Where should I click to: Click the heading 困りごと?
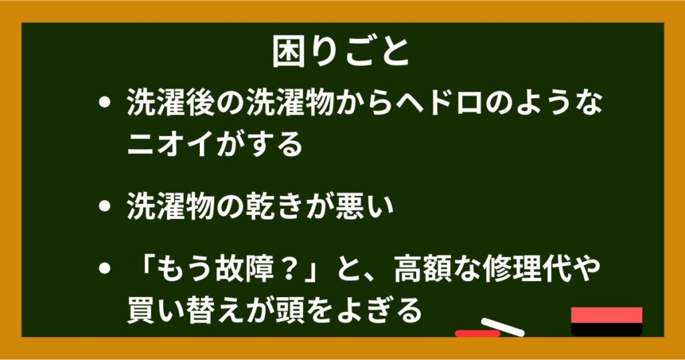point(340,52)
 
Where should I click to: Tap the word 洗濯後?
point(171,104)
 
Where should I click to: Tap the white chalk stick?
point(502,327)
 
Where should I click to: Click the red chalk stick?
point(478,333)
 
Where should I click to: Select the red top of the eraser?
point(606,315)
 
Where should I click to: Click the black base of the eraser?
point(606,329)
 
